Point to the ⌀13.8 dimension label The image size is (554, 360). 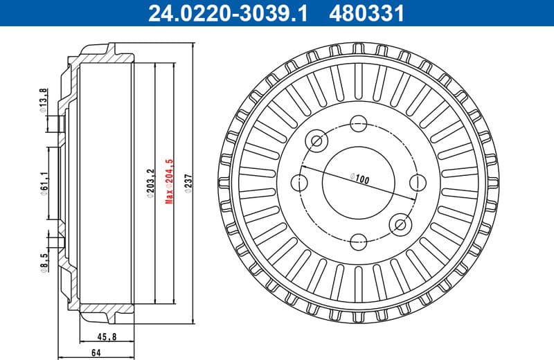pyautogui.click(x=43, y=99)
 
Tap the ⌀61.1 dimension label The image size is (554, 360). pyautogui.click(x=43, y=184)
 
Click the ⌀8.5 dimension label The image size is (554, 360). pyautogui.click(x=43, y=263)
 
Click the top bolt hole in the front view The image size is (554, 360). pyautogui.click(x=358, y=125)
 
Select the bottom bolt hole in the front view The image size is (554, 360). pyautogui.click(x=358, y=242)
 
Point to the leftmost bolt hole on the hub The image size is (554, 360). pyautogui.click(x=300, y=183)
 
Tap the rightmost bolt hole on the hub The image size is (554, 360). pyautogui.click(x=417, y=183)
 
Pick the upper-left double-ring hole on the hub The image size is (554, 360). pyautogui.click(x=317, y=142)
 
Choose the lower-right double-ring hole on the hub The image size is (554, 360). pyautogui.click(x=400, y=224)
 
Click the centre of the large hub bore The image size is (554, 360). pyautogui.click(x=358, y=183)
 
